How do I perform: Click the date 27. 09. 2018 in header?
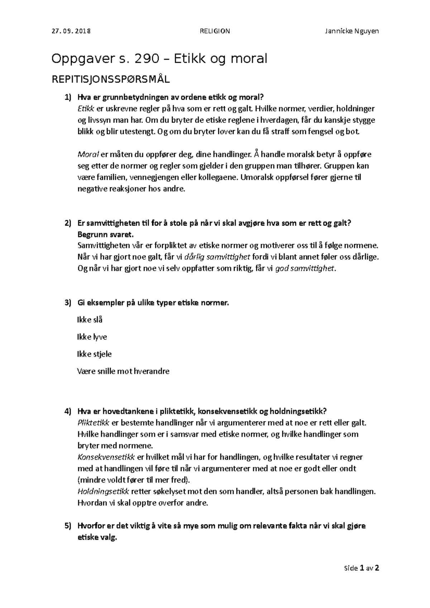click(71, 31)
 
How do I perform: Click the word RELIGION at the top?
click(215, 31)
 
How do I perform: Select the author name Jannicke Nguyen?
click(352, 31)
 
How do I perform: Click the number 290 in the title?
click(147, 58)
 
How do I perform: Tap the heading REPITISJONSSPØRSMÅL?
click(111, 79)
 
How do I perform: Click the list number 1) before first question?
click(68, 97)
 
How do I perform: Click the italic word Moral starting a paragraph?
click(88, 155)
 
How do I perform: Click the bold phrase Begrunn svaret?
click(105, 235)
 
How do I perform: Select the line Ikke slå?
click(90, 320)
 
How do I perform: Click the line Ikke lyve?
click(92, 337)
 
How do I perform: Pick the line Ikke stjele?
click(94, 354)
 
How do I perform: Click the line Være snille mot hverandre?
click(123, 371)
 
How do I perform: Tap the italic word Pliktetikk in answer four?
click(94, 423)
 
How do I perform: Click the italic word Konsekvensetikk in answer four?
click(106, 457)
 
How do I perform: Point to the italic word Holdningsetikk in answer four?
click(103, 492)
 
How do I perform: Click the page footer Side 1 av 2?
click(361, 568)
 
